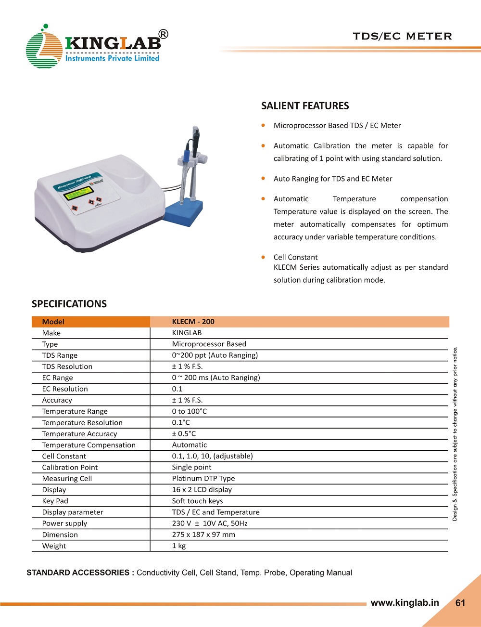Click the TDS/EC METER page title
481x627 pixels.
(x=402, y=36)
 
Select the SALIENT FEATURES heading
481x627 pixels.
(x=305, y=106)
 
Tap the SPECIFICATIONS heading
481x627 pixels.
(x=69, y=304)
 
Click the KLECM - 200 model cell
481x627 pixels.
(x=193, y=322)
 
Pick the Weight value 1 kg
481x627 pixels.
(x=179, y=546)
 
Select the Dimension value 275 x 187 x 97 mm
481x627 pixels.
(x=203, y=535)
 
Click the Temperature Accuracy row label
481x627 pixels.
(x=79, y=434)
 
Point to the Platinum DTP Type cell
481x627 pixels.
(x=203, y=478)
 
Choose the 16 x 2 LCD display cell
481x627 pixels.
(x=202, y=490)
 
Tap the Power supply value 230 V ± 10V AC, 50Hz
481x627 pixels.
(x=210, y=523)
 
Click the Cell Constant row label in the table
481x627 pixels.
(x=64, y=456)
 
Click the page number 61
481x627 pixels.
(x=460, y=603)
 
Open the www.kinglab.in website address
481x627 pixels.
(x=405, y=602)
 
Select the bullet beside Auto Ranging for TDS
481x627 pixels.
(x=263, y=178)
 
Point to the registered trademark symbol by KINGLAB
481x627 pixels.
(x=163, y=34)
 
